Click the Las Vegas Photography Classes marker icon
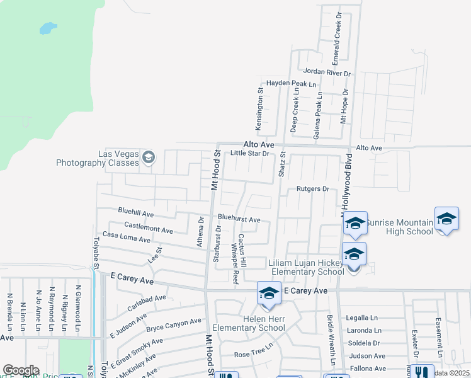pos(149,157)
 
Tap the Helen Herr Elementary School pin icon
pos(269,294)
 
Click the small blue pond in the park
pos(47,28)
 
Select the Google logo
pos(21,370)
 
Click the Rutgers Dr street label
pos(313,188)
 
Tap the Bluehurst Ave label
pos(239,219)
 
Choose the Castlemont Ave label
pos(149,227)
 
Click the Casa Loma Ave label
pos(127,237)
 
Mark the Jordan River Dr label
pos(326,73)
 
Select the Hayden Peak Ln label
pos(290,83)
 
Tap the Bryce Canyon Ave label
pos(173,324)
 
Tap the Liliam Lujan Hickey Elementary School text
pos(306,266)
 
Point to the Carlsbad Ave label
pos(147,301)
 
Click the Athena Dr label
pos(201,232)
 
